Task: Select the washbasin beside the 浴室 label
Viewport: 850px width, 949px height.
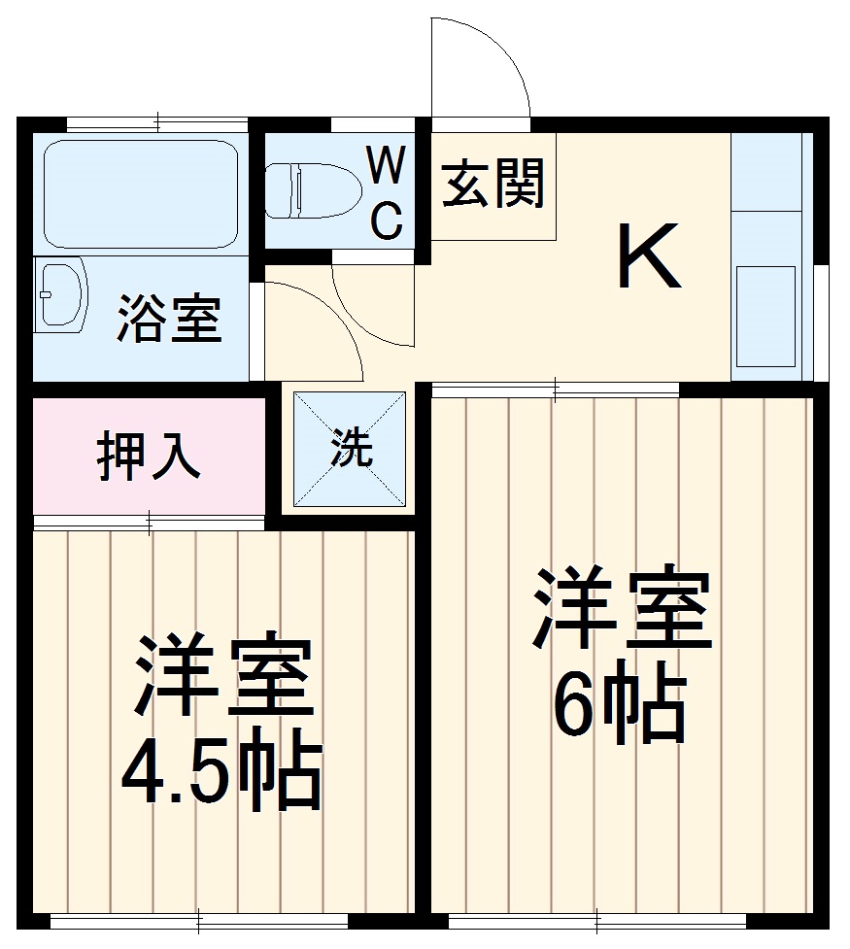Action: pos(60,294)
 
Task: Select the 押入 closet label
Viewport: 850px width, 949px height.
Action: pos(148,457)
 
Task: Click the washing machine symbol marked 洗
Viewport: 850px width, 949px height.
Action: pos(350,449)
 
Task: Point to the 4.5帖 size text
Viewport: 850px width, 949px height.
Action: pos(221,777)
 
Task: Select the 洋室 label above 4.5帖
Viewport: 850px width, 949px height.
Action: pos(223,678)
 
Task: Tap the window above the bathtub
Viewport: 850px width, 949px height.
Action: pos(157,123)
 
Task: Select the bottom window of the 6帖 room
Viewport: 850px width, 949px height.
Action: pos(596,918)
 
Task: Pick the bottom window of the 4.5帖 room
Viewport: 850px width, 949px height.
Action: pos(198,918)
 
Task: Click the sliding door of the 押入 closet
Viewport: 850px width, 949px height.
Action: pos(149,523)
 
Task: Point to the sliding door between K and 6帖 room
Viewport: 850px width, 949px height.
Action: pos(555,390)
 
